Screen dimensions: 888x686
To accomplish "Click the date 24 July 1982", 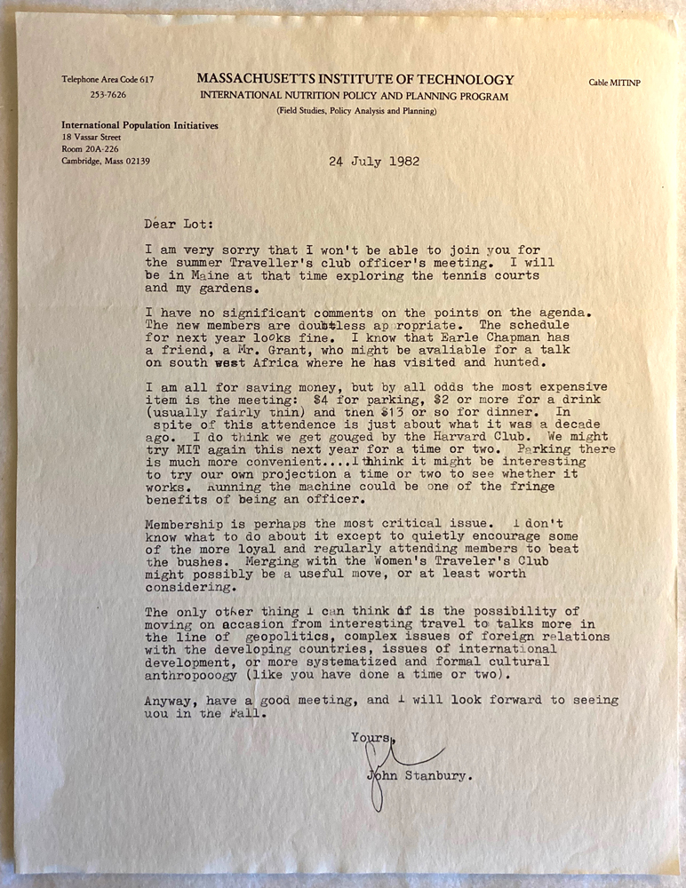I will [374, 162].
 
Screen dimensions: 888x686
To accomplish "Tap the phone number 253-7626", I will [107, 94].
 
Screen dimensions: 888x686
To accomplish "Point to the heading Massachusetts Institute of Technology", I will [355, 79].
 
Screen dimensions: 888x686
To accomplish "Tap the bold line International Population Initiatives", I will [140, 125].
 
